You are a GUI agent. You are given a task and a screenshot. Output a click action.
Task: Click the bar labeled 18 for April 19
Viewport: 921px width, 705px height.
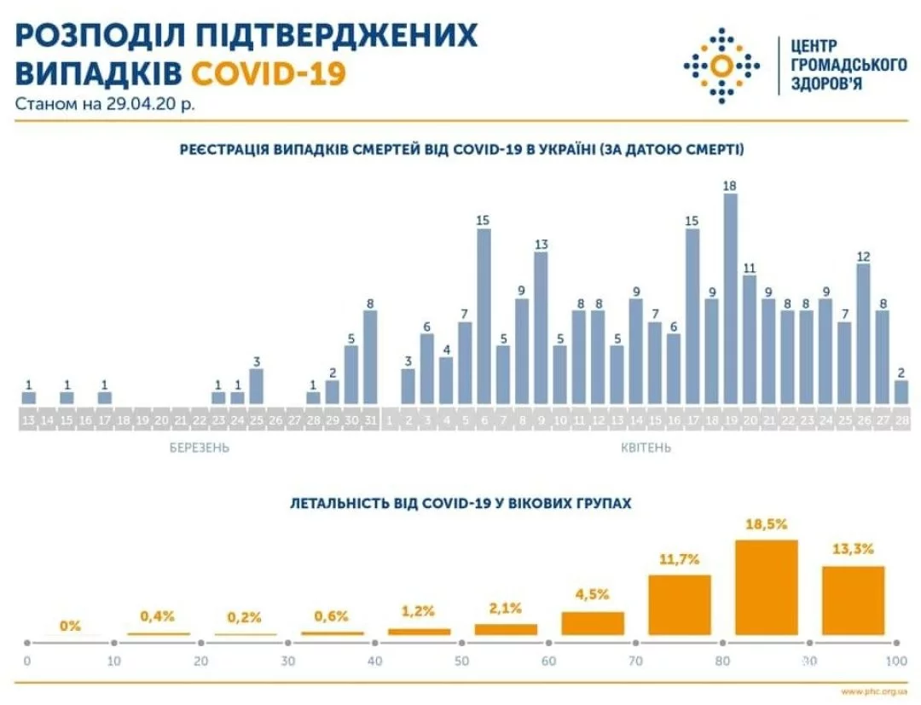730,298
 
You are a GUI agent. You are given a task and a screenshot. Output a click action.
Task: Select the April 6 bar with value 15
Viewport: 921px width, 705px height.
484,315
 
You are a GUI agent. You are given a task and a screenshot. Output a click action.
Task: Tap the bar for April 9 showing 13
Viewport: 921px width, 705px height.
541,327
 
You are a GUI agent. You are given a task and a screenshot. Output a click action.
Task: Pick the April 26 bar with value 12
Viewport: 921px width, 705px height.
863,333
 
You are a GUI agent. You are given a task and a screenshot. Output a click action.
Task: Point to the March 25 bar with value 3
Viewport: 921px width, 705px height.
256,385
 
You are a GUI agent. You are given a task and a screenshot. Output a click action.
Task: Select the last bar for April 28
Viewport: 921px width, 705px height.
901,391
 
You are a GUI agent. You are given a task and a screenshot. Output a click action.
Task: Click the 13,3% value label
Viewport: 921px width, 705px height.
852,549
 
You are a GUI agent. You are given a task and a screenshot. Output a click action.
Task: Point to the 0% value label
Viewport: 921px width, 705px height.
71,626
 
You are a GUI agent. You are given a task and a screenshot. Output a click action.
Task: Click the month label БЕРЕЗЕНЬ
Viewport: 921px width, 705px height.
199,447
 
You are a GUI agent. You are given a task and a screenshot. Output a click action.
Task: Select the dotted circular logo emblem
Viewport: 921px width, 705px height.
721,66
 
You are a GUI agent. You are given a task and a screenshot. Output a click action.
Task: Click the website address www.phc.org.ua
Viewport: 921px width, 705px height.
873,691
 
